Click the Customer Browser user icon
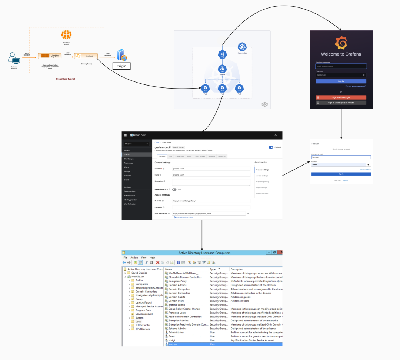point(15,59)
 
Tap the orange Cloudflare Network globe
point(66,35)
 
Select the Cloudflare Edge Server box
point(50,56)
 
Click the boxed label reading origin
point(121,66)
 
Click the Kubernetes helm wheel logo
point(243,47)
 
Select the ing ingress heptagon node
point(222,55)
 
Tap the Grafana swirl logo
point(341,43)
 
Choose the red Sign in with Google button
point(341,97)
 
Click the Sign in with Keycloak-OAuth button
point(341,103)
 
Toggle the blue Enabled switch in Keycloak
point(271,147)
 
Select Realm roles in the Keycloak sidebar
point(129,163)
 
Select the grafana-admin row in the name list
point(177,305)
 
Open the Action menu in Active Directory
point(134,257)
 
